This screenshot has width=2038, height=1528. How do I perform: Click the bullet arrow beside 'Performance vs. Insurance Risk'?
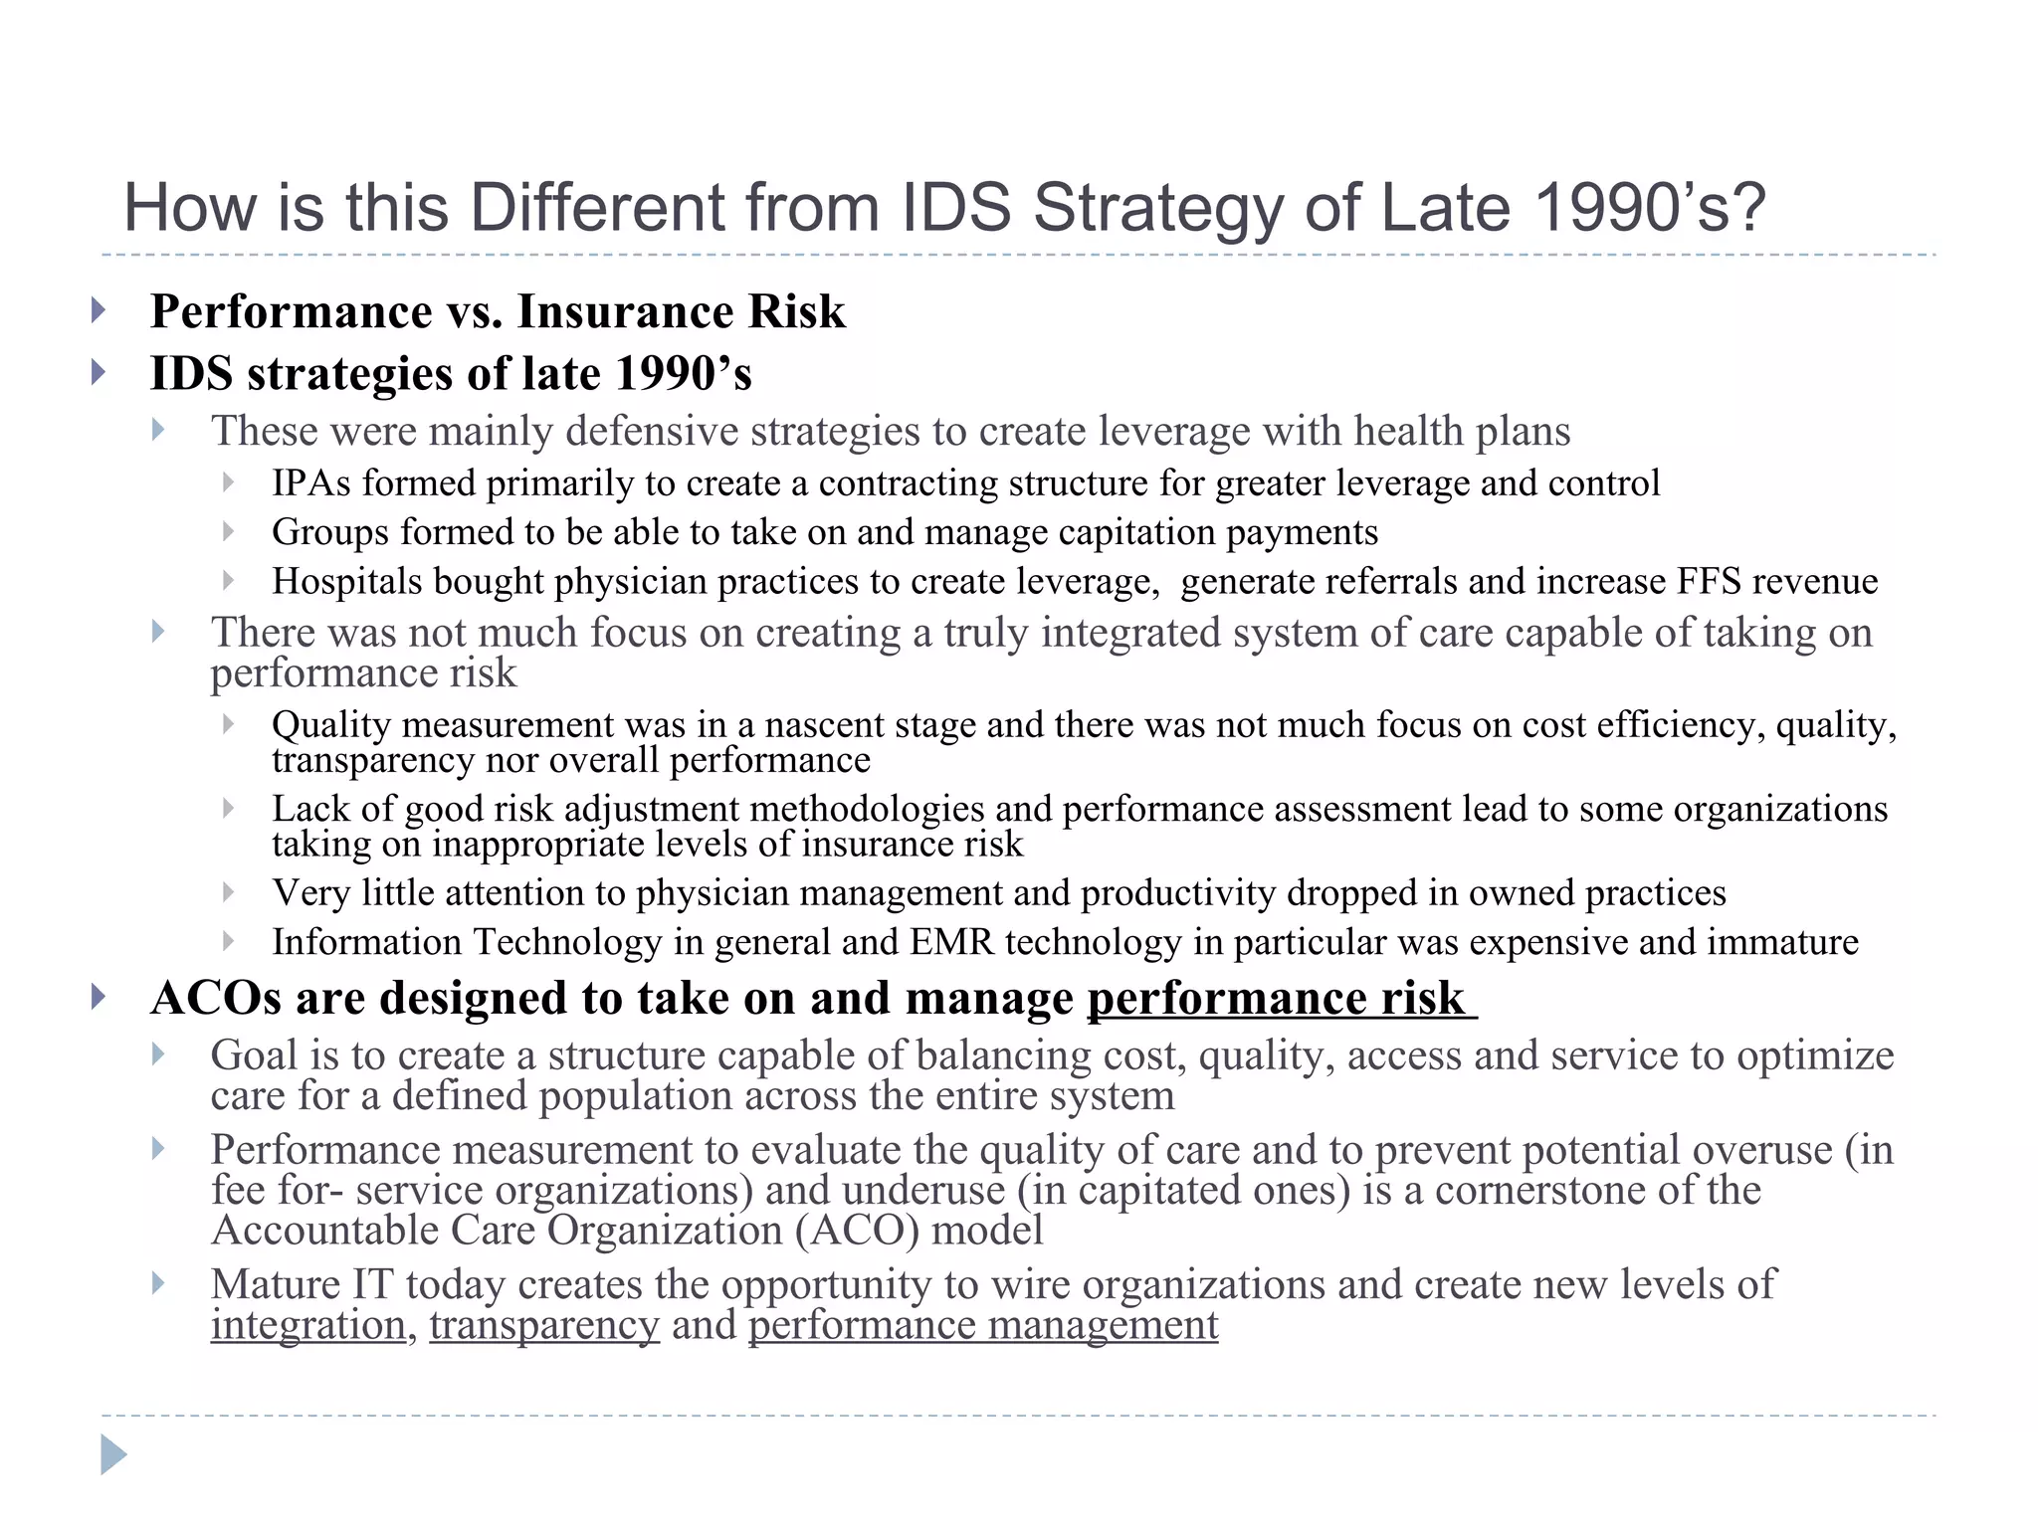98,310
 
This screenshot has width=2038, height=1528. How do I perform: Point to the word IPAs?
311,483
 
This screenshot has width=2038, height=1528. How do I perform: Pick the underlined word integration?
308,1325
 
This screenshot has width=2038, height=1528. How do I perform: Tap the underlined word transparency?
544,1325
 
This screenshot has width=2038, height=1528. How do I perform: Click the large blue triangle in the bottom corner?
113,1455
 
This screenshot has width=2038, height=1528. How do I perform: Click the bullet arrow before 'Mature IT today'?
158,1283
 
